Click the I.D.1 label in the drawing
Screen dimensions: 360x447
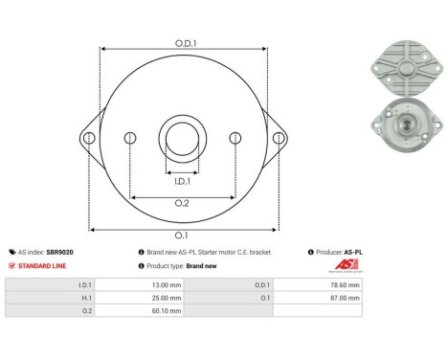tap(182, 179)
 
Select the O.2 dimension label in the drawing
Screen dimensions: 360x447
tap(182, 204)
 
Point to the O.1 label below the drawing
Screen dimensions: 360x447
tap(182, 236)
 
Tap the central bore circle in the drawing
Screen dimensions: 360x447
tap(182, 133)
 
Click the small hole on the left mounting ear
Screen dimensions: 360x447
tap(89, 139)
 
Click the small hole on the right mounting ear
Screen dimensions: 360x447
tap(279, 139)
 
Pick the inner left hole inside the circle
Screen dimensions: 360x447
tap(130, 139)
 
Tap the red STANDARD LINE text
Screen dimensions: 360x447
tap(45, 265)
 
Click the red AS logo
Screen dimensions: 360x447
tap(344, 265)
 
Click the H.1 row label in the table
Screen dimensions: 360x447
tap(85, 298)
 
